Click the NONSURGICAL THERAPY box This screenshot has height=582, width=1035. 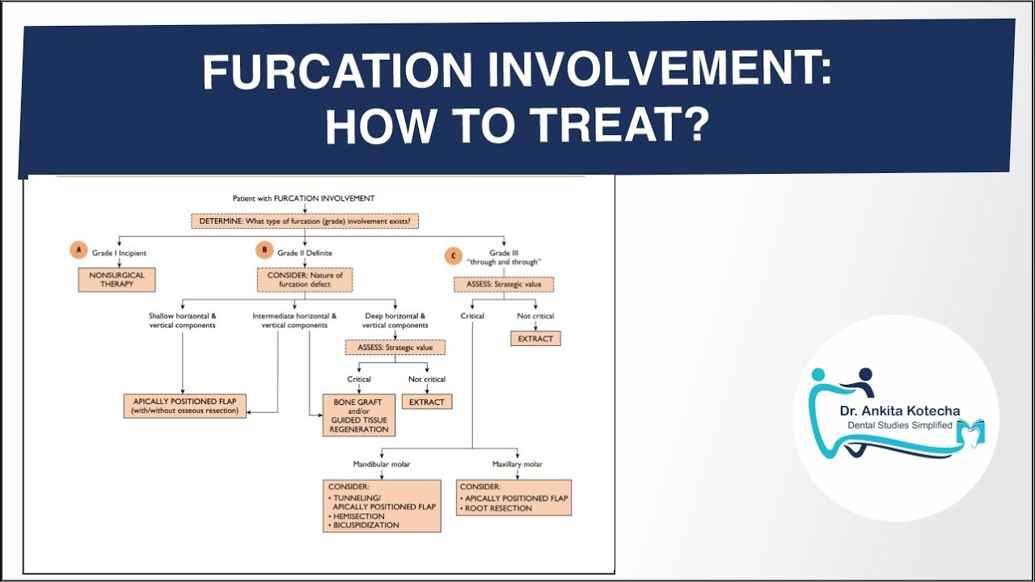[116, 280]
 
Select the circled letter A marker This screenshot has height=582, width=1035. [78, 251]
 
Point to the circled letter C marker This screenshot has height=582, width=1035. [450, 256]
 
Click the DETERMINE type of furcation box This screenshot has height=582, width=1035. [305, 221]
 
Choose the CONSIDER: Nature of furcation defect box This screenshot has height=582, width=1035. [305, 280]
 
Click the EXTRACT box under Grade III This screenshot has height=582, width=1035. [535, 339]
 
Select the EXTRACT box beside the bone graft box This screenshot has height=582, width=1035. [426, 402]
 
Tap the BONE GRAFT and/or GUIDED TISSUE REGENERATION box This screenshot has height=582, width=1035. [359, 415]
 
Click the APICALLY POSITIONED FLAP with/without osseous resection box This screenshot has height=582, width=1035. [185, 406]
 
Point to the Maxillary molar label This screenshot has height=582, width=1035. [517, 464]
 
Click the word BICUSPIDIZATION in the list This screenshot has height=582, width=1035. [366, 525]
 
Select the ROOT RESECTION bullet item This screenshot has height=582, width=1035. [500, 508]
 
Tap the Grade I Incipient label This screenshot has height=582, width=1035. [120, 253]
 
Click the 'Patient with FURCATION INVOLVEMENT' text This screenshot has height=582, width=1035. [303, 198]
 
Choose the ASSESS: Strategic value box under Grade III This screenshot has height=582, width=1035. [504, 285]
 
